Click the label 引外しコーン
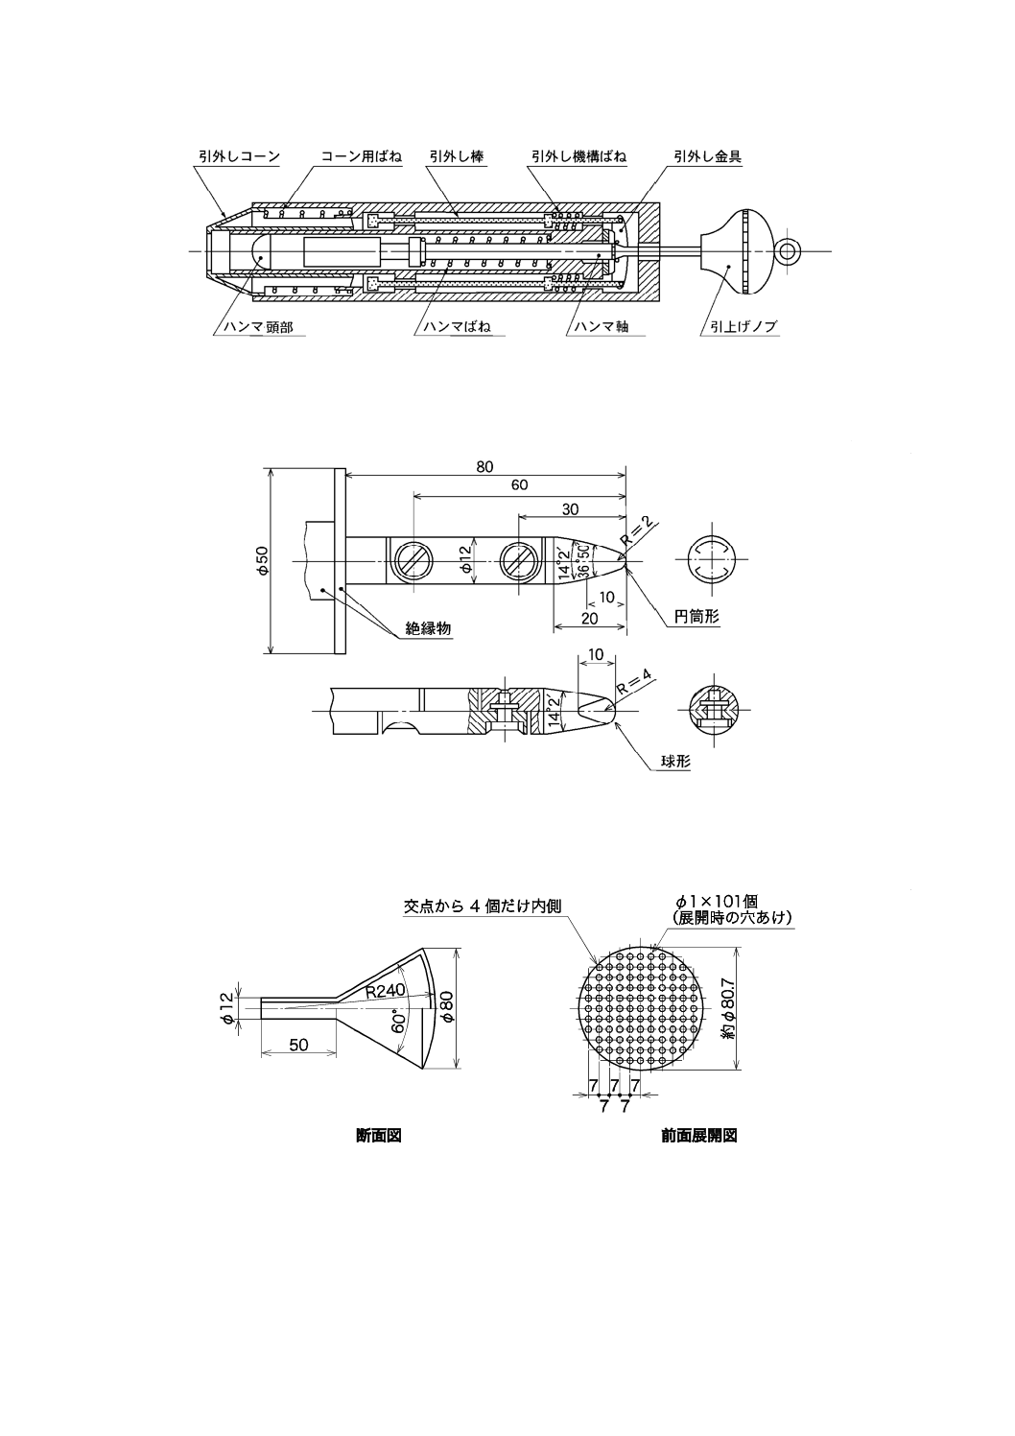point(239,156)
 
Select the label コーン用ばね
point(362,156)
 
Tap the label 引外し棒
point(457,156)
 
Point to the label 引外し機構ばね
point(579,156)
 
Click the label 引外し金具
point(708,156)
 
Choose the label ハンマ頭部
point(258,327)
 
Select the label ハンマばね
point(457,327)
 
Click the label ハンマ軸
point(601,327)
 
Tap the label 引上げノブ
point(739,327)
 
